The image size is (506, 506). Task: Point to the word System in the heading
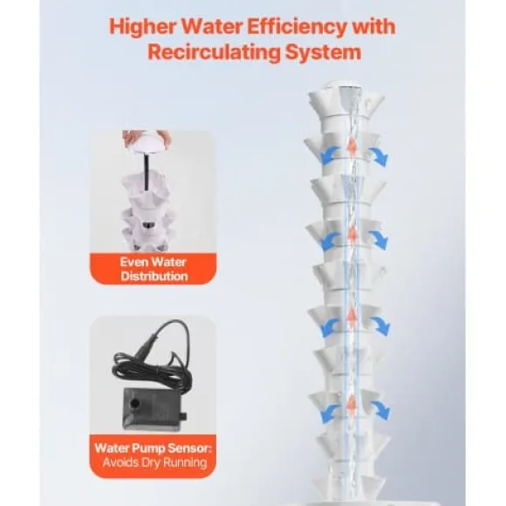(x=323, y=53)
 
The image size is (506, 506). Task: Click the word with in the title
(x=374, y=26)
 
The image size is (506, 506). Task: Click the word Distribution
(x=154, y=277)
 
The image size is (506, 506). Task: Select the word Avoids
(x=120, y=462)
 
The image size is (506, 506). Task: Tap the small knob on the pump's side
(x=183, y=415)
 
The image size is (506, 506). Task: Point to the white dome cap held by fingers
(x=148, y=145)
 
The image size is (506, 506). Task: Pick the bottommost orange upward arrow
(x=352, y=403)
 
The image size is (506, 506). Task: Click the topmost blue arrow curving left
(x=330, y=154)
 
